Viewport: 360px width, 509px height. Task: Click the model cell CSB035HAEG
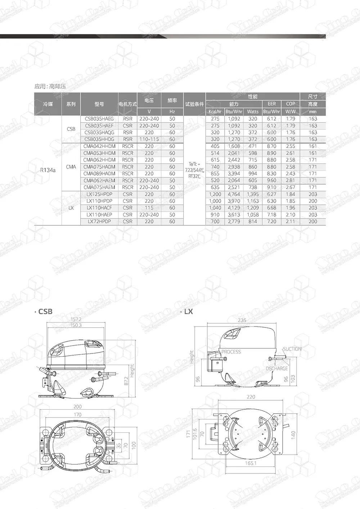[x=99, y=119]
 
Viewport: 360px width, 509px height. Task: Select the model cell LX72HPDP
[x=99, y=222]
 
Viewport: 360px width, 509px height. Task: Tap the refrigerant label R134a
[x=48, y=170]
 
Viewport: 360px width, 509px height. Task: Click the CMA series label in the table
[x=71, y=167]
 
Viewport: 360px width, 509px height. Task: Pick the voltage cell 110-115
[x=149, y=139]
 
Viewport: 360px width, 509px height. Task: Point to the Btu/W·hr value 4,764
[x=234, y=194]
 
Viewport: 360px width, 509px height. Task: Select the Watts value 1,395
[x=253, y=194]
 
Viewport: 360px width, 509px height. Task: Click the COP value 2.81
[x=291, y=180]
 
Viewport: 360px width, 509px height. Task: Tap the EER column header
[x=271, y=104]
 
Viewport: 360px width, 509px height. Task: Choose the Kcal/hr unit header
[x=215, y=112]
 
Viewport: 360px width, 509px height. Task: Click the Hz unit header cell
[x=172, y=112]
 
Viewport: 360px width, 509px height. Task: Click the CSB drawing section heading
[x=45, y=312]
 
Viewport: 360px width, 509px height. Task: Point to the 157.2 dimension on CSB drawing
[x=76, y=319]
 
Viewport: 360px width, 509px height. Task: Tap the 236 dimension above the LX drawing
[x=242, y=320]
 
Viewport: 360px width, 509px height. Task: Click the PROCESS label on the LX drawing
[x=231, y=352]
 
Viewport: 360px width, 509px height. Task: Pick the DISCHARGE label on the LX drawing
[x=276, y=369]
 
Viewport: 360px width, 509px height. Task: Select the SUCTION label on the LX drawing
[x=292, y=349]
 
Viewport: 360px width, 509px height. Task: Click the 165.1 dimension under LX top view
[x=251, y=463]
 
